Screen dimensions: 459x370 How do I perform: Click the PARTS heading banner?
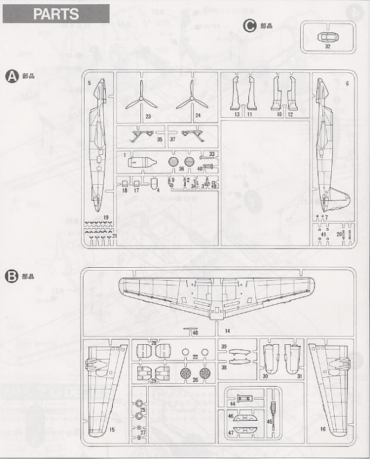(x=56, y=14)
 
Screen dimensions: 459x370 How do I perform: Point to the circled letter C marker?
(x=250, y=26)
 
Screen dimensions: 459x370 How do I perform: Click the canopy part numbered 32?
(x=328, y=37)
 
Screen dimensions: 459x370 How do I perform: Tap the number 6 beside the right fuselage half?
(x=347, y=84)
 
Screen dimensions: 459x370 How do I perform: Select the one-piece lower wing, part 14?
(x=217, y=296)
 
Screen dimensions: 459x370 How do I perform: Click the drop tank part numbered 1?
(x=141, y=162)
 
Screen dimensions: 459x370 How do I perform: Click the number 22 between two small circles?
(x=195, y=357)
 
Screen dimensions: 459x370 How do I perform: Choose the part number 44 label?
(x=232, y=403)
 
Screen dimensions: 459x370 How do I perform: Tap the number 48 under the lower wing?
(x=195, y=333)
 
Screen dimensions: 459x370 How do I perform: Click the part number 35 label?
(x=159, y=139)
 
